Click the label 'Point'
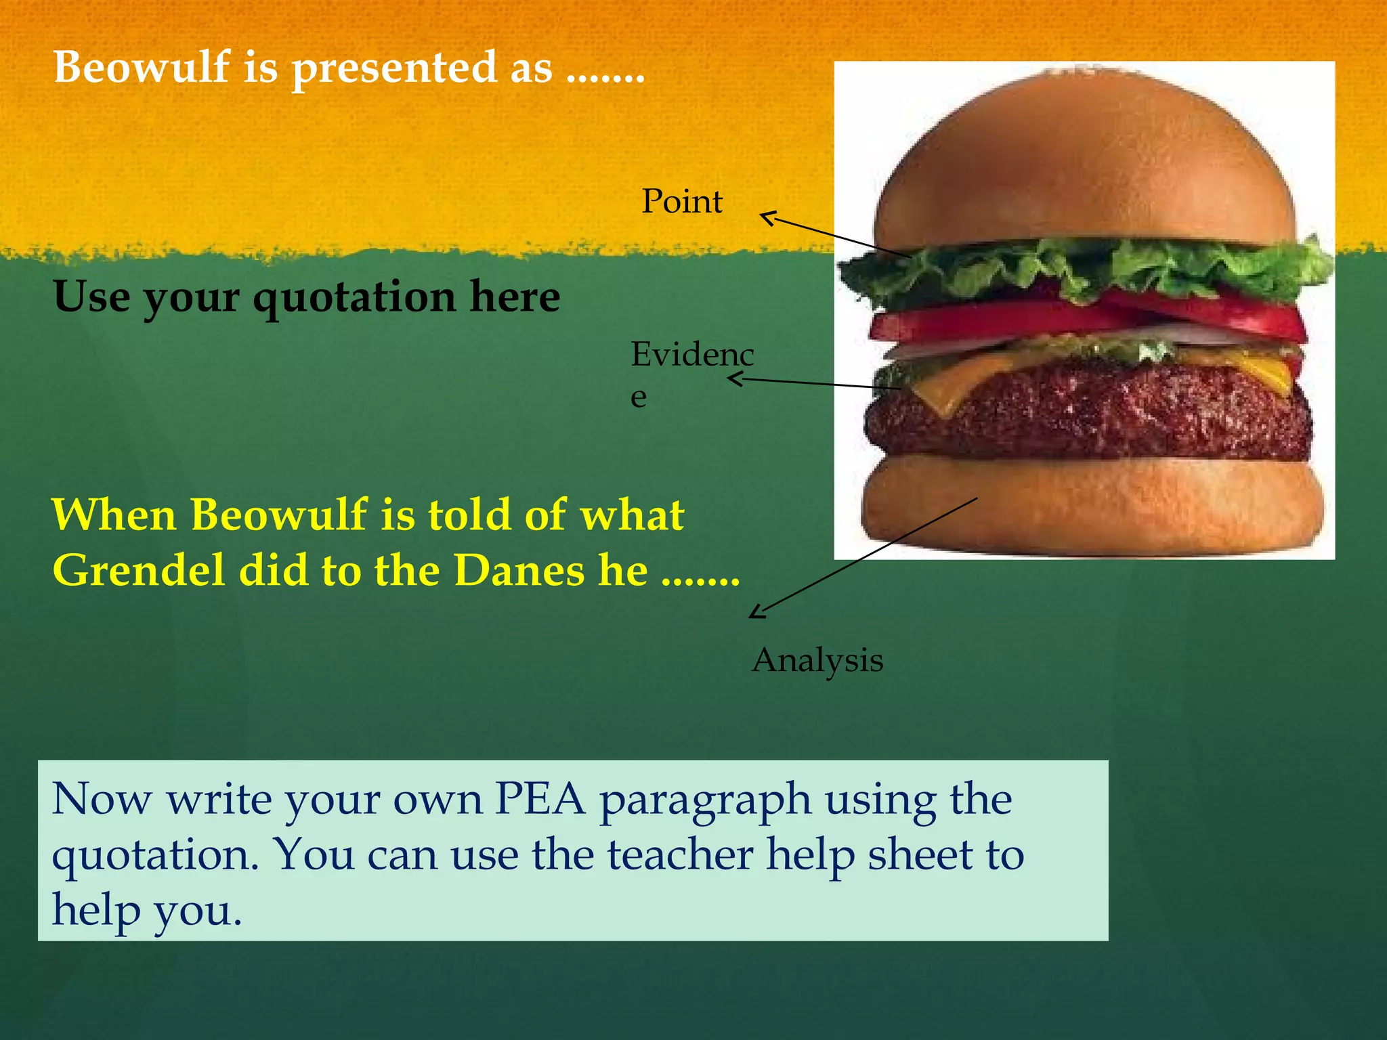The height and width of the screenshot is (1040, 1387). point(682,201)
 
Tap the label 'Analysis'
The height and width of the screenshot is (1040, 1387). point(817,660)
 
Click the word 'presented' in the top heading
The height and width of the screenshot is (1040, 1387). point(394,69)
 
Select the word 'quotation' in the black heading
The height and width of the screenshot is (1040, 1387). point(354,299)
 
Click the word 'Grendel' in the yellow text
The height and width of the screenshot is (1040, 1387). point(138,570)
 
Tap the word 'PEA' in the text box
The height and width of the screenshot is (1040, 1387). point(540,800)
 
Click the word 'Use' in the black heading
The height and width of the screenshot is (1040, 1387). point(91,297)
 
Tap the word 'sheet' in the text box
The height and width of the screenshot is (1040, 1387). point(920,854)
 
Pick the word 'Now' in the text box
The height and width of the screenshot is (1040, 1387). point(102,800)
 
